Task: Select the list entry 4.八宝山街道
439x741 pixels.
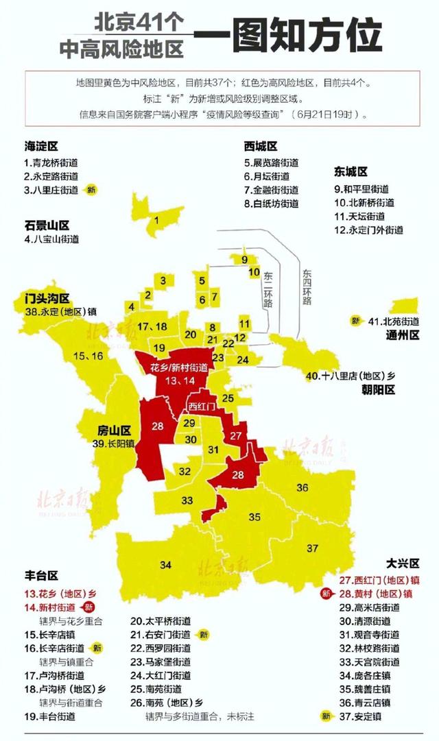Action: pyautogui.click(x=51, y=240)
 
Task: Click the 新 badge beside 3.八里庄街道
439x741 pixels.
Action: pyautogui.click(x=91, y=189)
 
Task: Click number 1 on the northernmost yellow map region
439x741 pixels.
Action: pyautogui.click(x=157, y=220)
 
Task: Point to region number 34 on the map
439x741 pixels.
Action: pyautogui.click(x=165, y=565)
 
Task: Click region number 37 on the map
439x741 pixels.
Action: pyautogui.click(x=313, y=548)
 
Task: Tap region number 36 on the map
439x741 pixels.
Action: pyautogui.click(x=302, y=487)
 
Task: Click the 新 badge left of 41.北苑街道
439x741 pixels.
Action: pyautogui.click(x=355, y=321)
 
